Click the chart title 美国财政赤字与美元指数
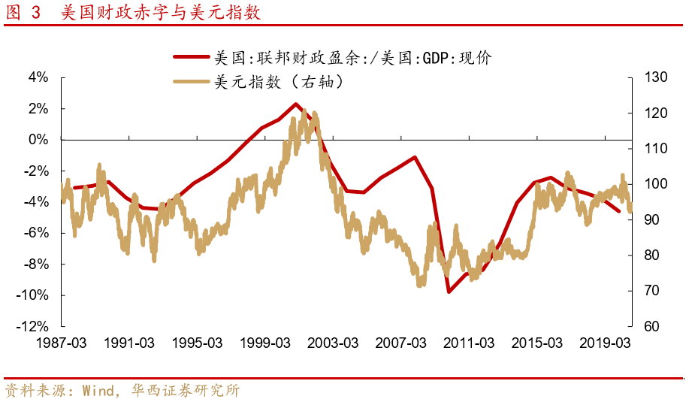(161, 13)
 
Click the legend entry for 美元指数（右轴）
(279, 82)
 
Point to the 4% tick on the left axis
(38, 77)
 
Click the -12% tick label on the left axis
(34, 326)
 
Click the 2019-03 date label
(606, 343)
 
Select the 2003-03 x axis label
(334, 343)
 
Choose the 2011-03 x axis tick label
(470, 343)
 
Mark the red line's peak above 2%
(295, 104)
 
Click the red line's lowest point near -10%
(449, 292)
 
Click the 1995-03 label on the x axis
(198, 343)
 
